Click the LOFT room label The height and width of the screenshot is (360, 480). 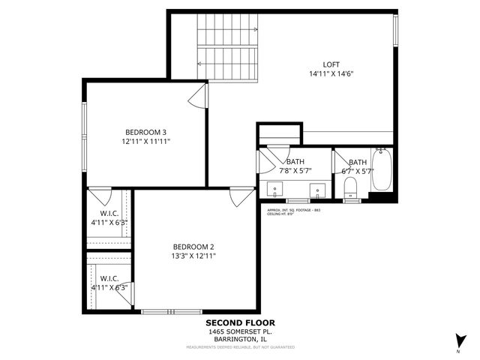pos(331,64)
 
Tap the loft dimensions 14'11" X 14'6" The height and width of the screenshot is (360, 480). pos(331,73)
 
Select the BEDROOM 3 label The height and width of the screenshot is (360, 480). pos(145,132)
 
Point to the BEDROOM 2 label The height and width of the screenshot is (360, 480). pos(193,247)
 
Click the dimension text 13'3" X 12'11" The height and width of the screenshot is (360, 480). pos(193,256)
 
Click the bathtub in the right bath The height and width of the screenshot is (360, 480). pos(382,172)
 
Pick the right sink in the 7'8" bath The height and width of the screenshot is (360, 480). pos(316,187)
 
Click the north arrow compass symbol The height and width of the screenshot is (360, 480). pos(457,340)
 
